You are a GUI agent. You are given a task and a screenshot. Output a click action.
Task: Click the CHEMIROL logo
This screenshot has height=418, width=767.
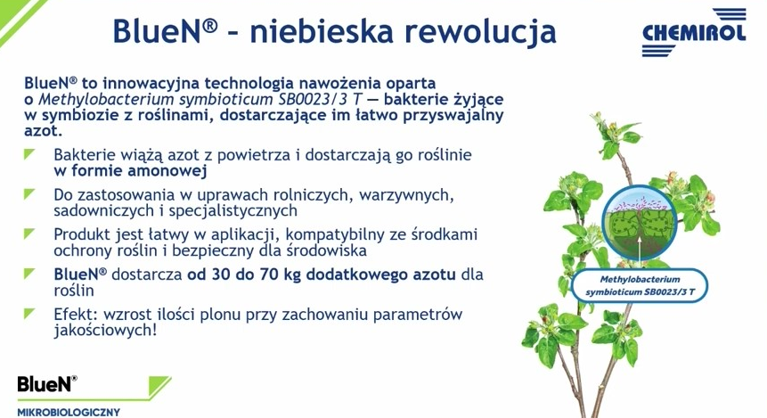694,32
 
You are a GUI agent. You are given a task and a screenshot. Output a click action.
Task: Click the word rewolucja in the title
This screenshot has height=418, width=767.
480,31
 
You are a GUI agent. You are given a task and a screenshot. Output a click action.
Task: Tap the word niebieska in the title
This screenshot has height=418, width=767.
322,31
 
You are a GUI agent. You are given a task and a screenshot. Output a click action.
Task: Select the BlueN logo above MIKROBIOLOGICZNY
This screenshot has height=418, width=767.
47,384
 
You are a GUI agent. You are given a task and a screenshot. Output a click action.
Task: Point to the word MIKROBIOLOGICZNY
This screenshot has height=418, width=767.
69,412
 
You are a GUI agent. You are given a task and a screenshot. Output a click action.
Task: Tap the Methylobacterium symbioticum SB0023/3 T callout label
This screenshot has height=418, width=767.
640,285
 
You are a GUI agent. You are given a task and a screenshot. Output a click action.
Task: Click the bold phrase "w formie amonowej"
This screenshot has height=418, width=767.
131,171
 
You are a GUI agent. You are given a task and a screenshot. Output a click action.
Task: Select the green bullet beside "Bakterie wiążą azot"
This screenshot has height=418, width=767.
29,154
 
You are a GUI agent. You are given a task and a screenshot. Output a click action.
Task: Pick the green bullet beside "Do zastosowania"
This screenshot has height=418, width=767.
29,194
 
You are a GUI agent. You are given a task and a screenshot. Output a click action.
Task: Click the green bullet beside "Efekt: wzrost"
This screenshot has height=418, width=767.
29,313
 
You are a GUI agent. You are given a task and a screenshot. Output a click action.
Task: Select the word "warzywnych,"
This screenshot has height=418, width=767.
406,195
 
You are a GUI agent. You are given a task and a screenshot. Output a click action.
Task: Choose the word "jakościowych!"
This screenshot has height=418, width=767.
106,331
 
